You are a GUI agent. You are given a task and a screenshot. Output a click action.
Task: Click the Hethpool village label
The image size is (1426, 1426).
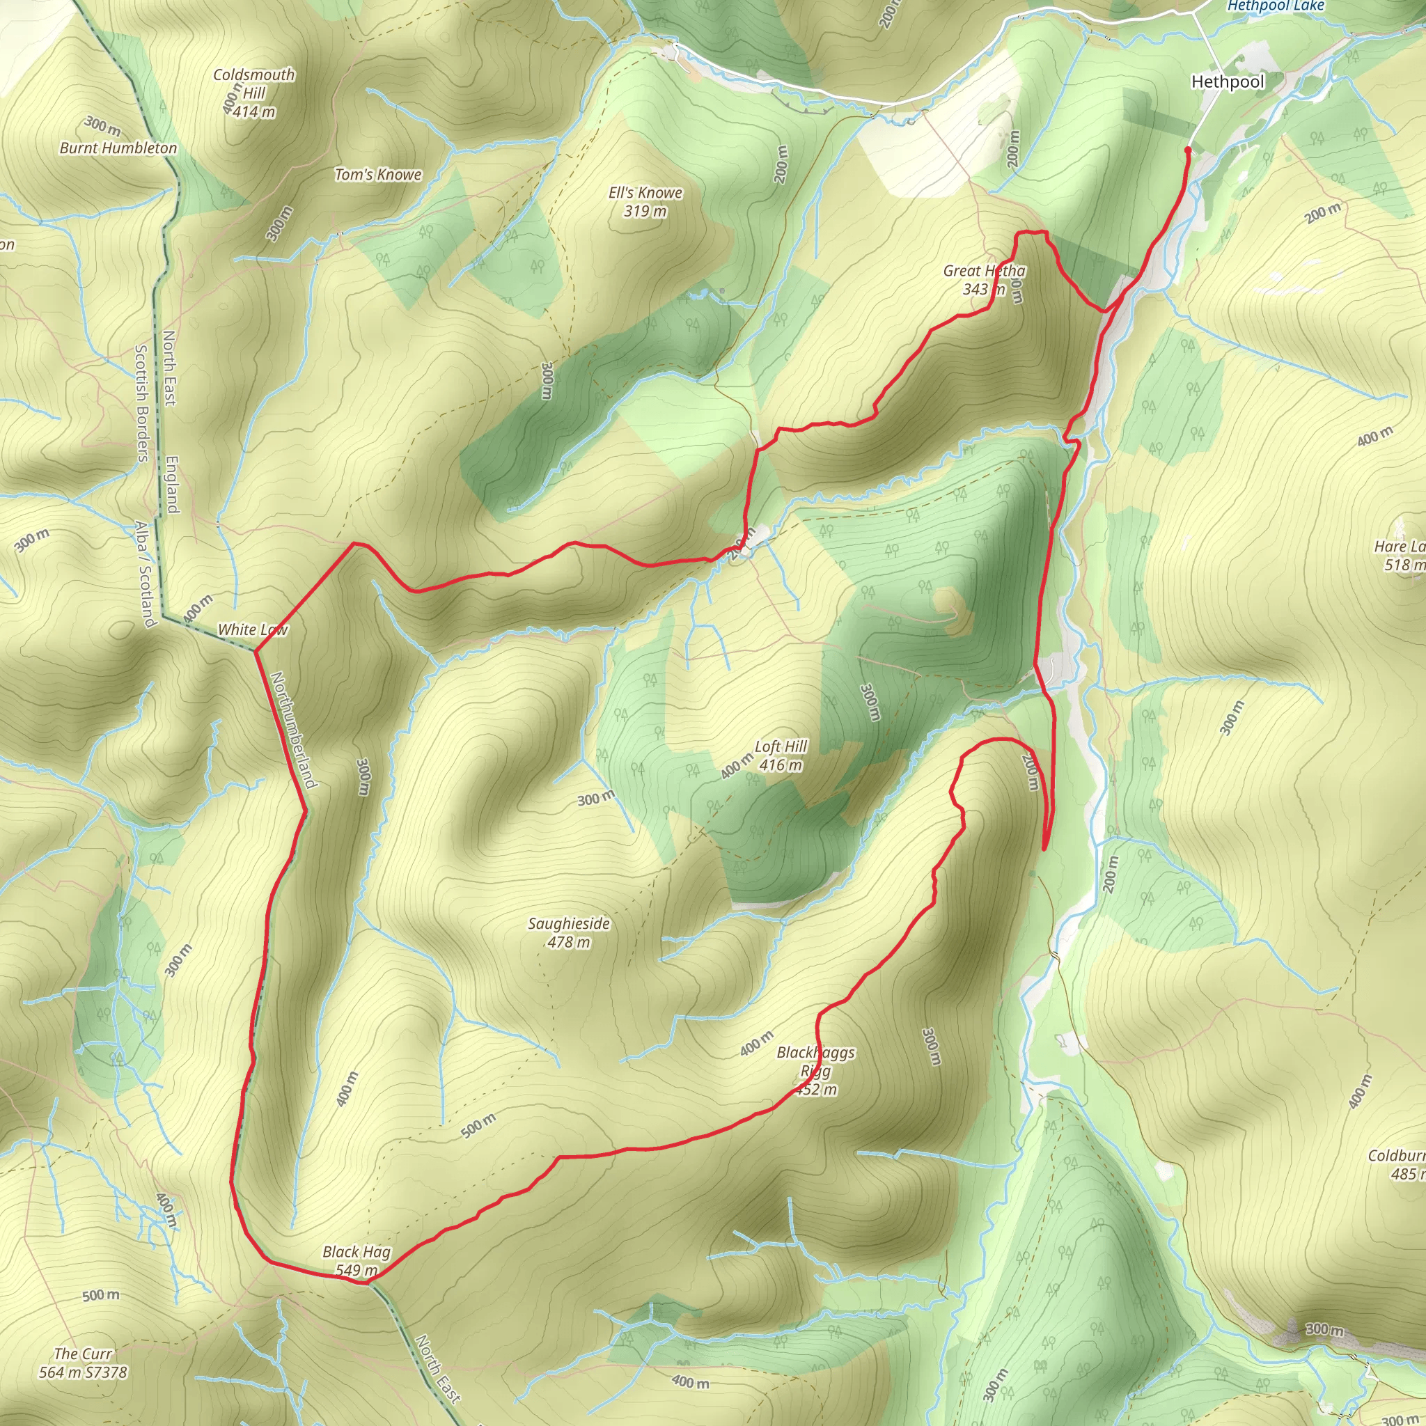[x=1228, y=82]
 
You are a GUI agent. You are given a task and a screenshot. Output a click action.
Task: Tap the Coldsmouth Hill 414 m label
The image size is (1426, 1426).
[x=254, y=94]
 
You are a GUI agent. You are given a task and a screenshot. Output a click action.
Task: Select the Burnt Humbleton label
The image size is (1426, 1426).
[x=118, y=148]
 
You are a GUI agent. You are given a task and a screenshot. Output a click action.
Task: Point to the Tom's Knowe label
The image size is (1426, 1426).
[x=378, y=175]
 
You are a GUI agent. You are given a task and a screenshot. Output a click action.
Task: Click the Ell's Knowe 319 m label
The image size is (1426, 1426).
[x=645, y=201]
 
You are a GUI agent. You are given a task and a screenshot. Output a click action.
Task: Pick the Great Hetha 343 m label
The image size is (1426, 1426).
[x=984, y=280]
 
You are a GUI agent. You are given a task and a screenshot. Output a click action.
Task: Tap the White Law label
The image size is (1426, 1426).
[x=253, y=629]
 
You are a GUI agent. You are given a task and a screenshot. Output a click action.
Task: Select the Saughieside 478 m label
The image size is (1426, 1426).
[x=569, y=932]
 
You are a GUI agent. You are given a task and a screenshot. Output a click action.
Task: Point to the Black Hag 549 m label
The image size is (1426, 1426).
[x=356, y=1261]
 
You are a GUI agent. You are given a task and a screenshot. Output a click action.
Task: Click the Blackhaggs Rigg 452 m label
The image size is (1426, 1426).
[x=815, y=1071]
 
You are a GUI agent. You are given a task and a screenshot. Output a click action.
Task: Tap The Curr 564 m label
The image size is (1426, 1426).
[x=83, y=1363]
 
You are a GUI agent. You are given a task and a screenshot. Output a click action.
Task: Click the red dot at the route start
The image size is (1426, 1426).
[x=1188, y=150]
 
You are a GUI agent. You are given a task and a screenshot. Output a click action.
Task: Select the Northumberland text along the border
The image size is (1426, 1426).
[x=294, y=729]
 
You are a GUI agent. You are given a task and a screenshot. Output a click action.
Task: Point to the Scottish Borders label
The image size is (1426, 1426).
[x=142, y=403]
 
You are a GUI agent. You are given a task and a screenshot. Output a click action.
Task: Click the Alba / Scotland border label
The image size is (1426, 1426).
[x=145, y=574]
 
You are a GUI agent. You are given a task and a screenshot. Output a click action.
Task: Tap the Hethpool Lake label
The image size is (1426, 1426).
[x=1276, y=6]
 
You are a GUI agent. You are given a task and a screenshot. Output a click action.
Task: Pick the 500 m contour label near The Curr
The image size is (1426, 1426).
[x=100, y=1295]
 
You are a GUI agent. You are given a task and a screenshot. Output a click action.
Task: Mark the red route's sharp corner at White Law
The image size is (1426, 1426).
[x=256, y=650]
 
